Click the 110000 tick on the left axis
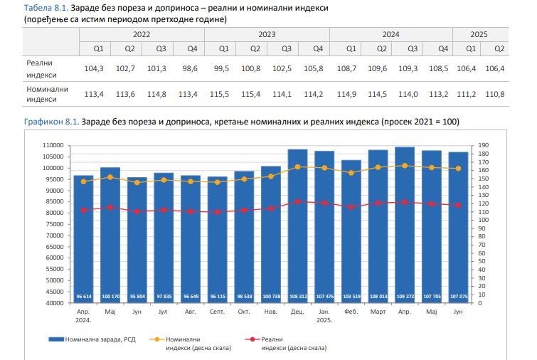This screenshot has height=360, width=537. click(55, 145)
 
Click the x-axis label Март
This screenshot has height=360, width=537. click(378, 312)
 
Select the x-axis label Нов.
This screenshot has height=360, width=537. click(271, 312)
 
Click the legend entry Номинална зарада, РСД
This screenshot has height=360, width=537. click(92, 340)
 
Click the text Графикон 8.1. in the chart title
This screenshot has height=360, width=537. click(51, 122)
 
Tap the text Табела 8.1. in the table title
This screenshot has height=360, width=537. click(46, 6)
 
